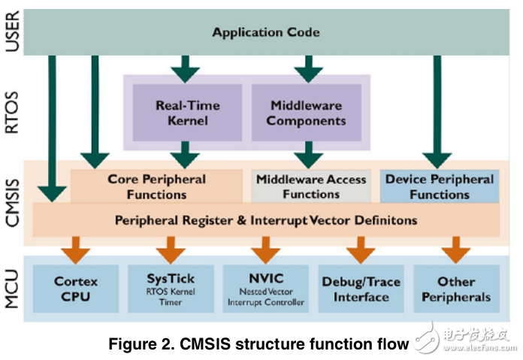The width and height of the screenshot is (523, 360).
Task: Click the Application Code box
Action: [x=265, y=32]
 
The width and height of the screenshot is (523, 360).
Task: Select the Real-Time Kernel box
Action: [x=187, y=113]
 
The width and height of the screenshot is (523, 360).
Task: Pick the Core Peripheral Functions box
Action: [x=156, y=186]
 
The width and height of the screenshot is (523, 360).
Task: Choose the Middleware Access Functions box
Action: [x=311, y=186]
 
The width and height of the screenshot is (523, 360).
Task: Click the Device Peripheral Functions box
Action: [x=439, y=186]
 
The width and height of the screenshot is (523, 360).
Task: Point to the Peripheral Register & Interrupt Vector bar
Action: [x=265, y=221]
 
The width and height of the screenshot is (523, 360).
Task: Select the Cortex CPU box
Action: [x=76, y=289]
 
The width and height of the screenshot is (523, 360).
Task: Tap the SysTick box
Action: [x=171, y=289]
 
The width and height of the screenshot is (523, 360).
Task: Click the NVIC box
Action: [x=265, y=289]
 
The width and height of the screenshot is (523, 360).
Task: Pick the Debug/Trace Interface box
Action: [x=361, y=289]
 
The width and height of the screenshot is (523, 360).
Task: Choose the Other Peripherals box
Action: [x=456, y=289]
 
